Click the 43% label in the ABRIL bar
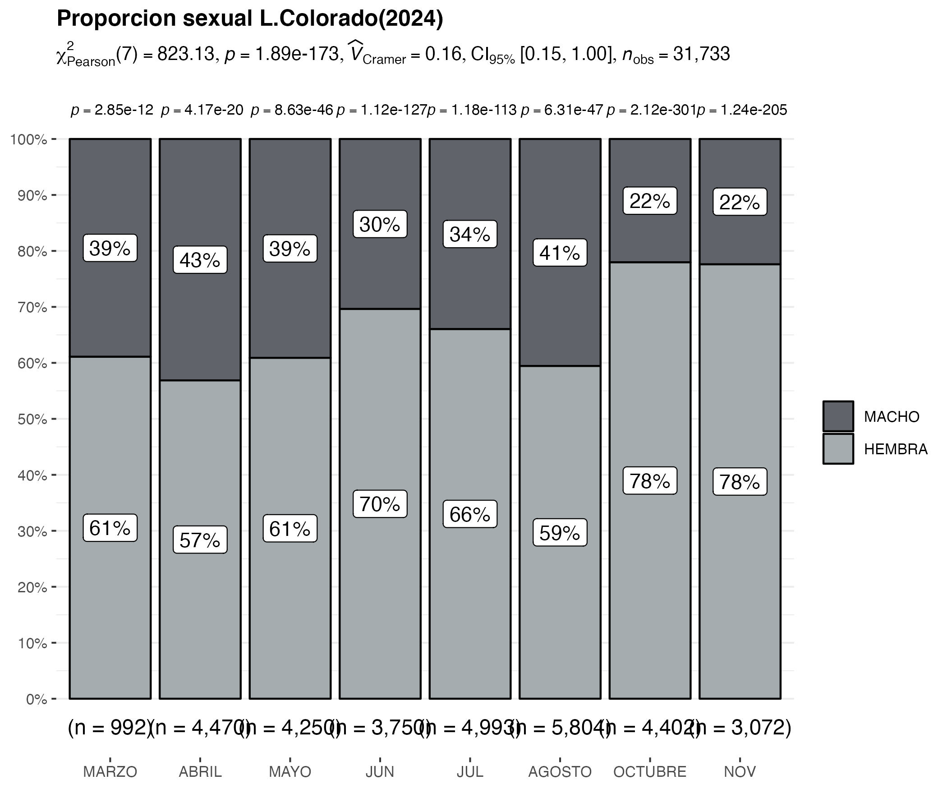coord(200,260)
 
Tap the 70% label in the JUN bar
coord(380,504)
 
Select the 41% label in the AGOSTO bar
coord(560,253)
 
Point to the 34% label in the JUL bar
coord(470,235)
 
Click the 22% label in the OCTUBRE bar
coord(649,201)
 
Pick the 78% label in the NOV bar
coord(740,482)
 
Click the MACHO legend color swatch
coord(838,416)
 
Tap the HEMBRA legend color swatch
coord(838,449)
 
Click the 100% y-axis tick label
coord(28,139)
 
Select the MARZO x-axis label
coord(110,772)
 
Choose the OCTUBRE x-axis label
coord(649,772)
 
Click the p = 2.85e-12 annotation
coord(112,110)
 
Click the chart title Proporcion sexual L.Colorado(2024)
coord(249,19)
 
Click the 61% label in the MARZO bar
coord(110,528)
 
